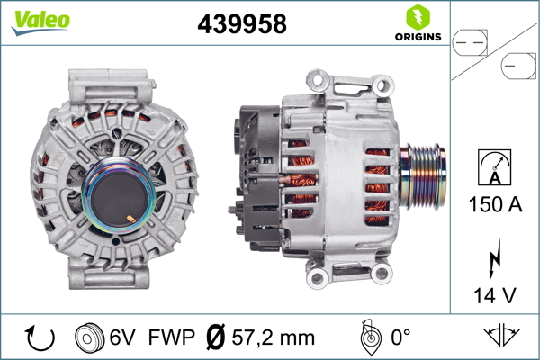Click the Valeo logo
(x=40, y=22)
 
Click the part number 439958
(x=242, y=23)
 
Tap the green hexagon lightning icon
(x=418, y=18)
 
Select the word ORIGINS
(x=418, y=37)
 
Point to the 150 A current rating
(x=495, y=204)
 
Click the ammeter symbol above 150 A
(x=494, y=167)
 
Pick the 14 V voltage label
(x=495, y=295)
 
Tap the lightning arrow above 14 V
(x=494, y=258)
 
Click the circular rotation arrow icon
(x=40, y=338)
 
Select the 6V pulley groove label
(x=122, y=337)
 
